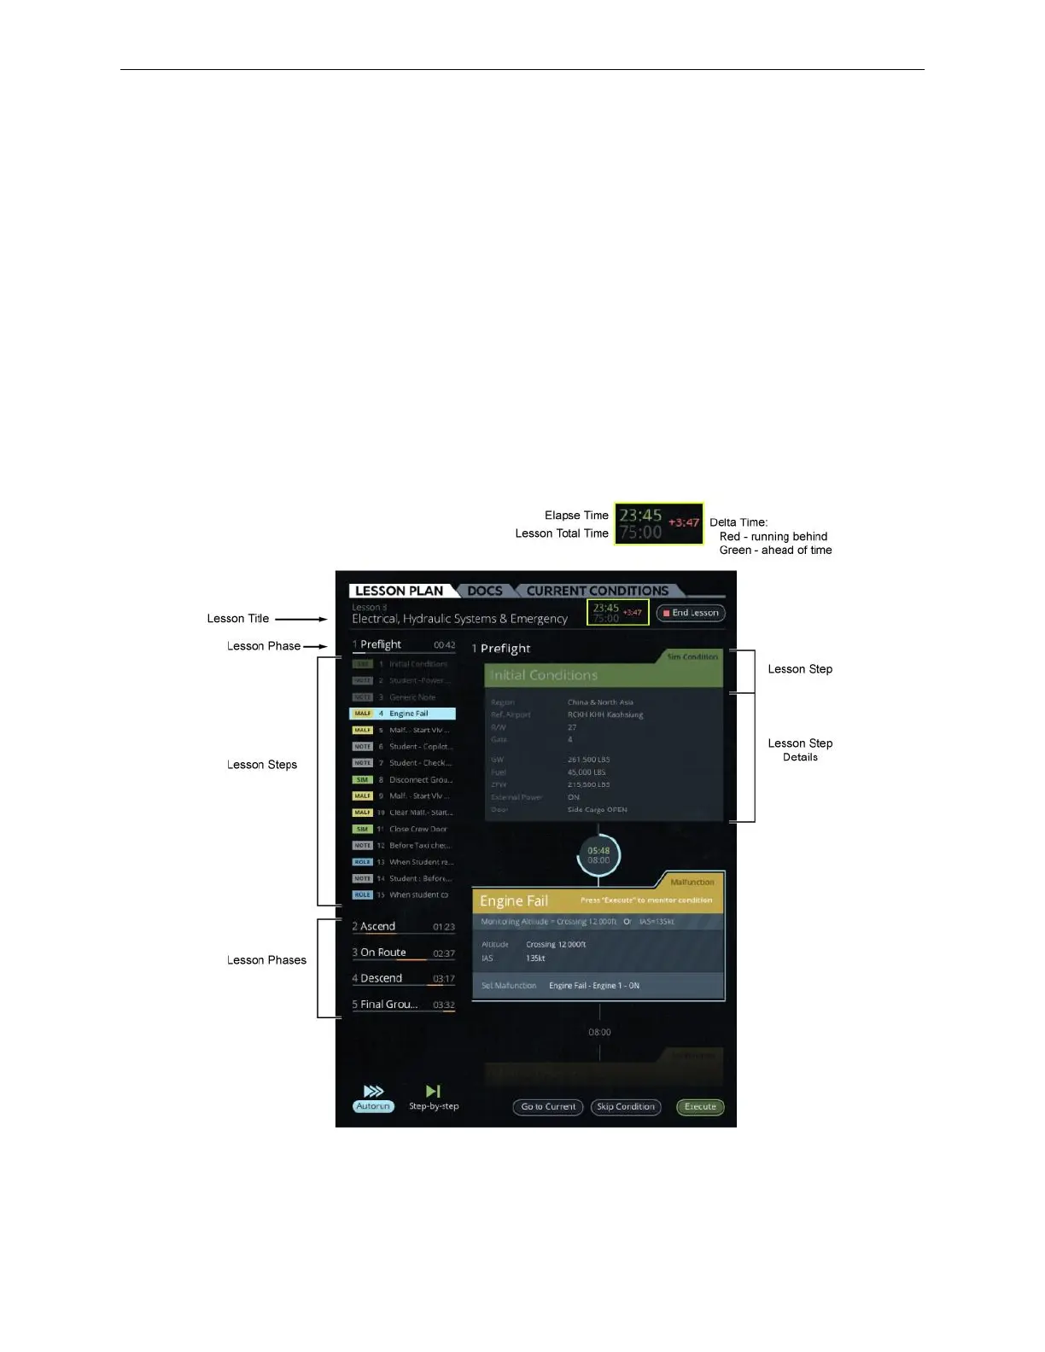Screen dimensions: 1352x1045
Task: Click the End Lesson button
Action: pyautogui.click(x=691, y=613)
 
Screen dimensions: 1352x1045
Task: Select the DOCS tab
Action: pyautogui.click(x=485, y=591)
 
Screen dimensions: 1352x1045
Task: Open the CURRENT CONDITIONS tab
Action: pyautogui.click(x=597, y=591)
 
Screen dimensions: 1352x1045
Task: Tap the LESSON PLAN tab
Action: pyautogui.click(x=399, y=591)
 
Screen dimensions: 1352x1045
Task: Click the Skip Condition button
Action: pyautogui.click(x=626, y=1107)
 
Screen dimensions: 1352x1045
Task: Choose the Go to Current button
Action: pyautogui.click(x=548, y=1107)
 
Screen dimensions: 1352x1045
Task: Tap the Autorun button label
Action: pyautogui.click(x=373, y=1106)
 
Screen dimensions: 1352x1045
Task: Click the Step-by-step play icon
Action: pyautogui.click(x=434, y=1091)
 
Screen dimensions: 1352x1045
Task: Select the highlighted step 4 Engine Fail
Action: pyautogui.click(x=403, y=714)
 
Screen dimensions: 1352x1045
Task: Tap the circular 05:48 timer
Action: pyautogui.click(x=598, y=855)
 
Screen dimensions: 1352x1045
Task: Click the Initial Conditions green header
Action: pyautogui.click(x=604, y=675)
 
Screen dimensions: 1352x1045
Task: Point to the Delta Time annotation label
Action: pyautogui.click(x=739, y=522)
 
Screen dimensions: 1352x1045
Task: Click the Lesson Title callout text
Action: pyautogui.click(x=238, y=619)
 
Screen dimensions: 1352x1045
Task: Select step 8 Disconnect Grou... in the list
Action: pyautogui.click(x=403, y=779)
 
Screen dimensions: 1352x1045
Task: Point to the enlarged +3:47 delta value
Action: pyautogui.click(x=683, y=522)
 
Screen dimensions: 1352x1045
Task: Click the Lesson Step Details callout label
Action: pyautogui.click(x=800, y=749)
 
